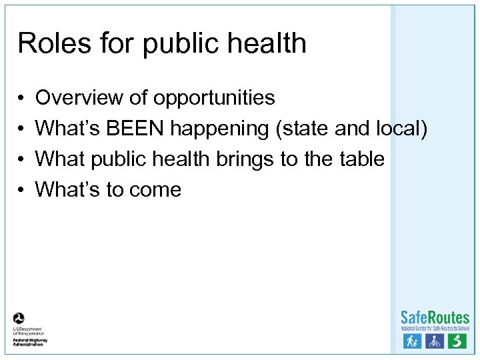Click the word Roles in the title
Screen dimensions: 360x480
[x=45, y=43]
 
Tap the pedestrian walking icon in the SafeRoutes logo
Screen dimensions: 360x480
[x=413, y=341]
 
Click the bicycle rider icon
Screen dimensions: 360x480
[x=435, y=341]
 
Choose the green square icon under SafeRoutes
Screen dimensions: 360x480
[x=457, y=341]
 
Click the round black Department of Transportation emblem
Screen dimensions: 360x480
[x=19, y=318]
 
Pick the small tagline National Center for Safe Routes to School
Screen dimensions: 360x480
[x=435, y=329]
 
